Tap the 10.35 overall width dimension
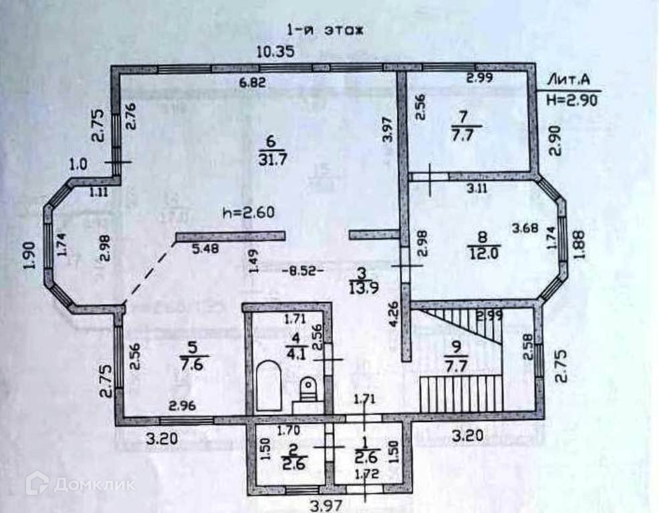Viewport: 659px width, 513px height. coord(276,52)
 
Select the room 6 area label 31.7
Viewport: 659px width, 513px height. coord(271,150)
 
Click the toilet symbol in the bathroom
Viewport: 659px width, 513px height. coord(307,388)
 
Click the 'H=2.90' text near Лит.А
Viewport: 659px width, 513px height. coord(570,100)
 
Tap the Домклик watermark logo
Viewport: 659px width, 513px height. coord(80,484)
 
